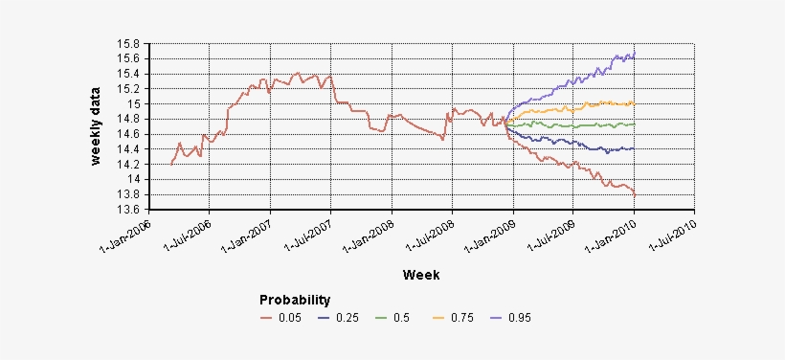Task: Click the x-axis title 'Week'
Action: (421, 275)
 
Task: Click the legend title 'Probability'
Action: (295, 300)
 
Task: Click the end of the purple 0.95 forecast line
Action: (635, 54)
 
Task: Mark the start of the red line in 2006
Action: (170, 165)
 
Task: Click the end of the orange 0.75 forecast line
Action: (635, 103)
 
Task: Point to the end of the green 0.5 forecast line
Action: (635, 124)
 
